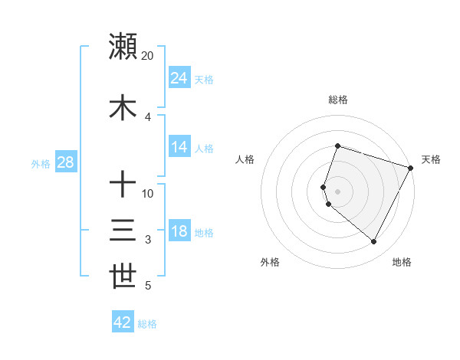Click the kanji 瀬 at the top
pyautogui.click(x=123, y=47)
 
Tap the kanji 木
pyautogui.click(x=123, y=108)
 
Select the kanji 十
pyautogui.click(x=123, y=185)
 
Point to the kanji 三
pyautogui.click(x=123, y=231)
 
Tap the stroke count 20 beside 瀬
pyautogui.click(x=148, y=56)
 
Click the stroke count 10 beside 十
pyautogui.click(x=148, y=194)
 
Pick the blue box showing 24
pyautogui.click(x=179, y=78)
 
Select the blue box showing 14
pyautogui.click(x=179, y=148)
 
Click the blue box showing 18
pyautogui.click(x=179, y=231)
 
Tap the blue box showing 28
pyautogui.click(x=65, y=162)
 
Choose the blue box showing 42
pyautogui.click(x=123, y=322)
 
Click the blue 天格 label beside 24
pyautogui.click(x=204, y=80)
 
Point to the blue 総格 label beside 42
pyautogui.click(x=147, y=324)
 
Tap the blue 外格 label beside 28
pyautogui.click(x=41, y=163)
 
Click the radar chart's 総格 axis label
pyautogui.click(x=337, y=100)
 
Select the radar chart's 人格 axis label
pyautogui.click(x=245, y=159)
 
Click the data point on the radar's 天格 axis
pyautogui.click(x=411, y=168)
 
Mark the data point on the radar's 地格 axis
pyautogui.click(x=374, y=242)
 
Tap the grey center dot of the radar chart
pyautogui.click(x=337, y=191)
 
